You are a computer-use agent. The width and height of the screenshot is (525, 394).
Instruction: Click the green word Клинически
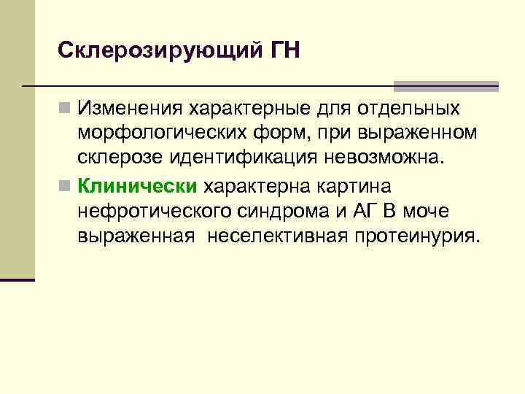point(138,185)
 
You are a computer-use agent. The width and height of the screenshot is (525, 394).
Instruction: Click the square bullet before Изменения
point(66,109)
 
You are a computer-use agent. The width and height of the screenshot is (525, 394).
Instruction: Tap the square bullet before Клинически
point(66,186)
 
